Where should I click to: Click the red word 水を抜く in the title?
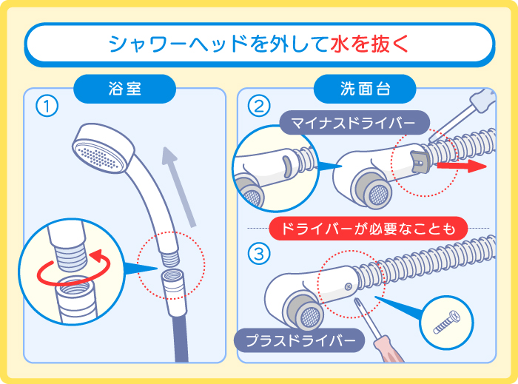tap(367, 44)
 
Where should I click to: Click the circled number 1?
tap(47, 107)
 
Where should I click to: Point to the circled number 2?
tap(258, 107)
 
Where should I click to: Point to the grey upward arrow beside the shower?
tap(178, 185)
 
